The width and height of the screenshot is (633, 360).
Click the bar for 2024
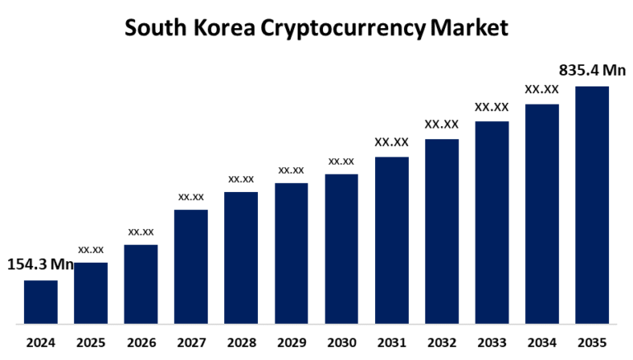tap(40, 302)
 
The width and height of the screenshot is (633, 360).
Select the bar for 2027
tap(190, 266)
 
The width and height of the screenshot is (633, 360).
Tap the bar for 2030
tap(341, 248)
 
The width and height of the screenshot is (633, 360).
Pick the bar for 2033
tap(491, 222)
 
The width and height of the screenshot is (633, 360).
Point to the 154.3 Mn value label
tap(40, 264)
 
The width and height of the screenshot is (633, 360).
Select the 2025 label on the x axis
tap(91, 342)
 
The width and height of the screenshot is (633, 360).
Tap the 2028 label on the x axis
tap(241, 342)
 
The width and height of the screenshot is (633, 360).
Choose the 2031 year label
tap(392, 342)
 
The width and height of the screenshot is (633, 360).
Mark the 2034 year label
tap(542, 342)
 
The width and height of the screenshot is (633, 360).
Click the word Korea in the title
tap(223, 27)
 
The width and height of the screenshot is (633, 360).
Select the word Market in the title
tap(471, 27)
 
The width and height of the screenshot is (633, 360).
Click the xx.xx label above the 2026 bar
tap(140, 231)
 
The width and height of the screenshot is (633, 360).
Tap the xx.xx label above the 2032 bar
tap(441, 124)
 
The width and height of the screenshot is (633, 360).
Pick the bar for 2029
tap(291, 253)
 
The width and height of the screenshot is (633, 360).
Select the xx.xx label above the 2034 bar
tap(542, 89)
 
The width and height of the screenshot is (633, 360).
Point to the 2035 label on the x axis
tap(592, 342)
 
